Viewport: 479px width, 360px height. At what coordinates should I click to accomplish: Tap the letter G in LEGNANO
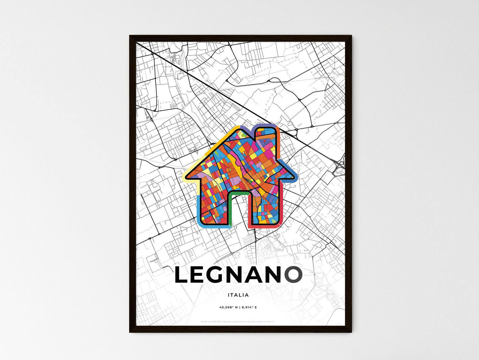click(x=220, y=275)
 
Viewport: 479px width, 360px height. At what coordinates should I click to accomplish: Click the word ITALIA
click(x=238, y=295)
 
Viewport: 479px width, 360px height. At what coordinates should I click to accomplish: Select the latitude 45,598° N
click(x=229, y=307)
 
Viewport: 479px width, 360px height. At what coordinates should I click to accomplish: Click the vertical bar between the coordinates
click(x=239, y=307)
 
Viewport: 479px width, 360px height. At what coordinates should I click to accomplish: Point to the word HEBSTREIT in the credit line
click(x=216, y=321)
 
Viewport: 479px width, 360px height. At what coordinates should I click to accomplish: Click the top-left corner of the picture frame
click(x=130, y=36)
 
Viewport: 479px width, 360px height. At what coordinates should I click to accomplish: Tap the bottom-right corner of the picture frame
click(x=351, y=332)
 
